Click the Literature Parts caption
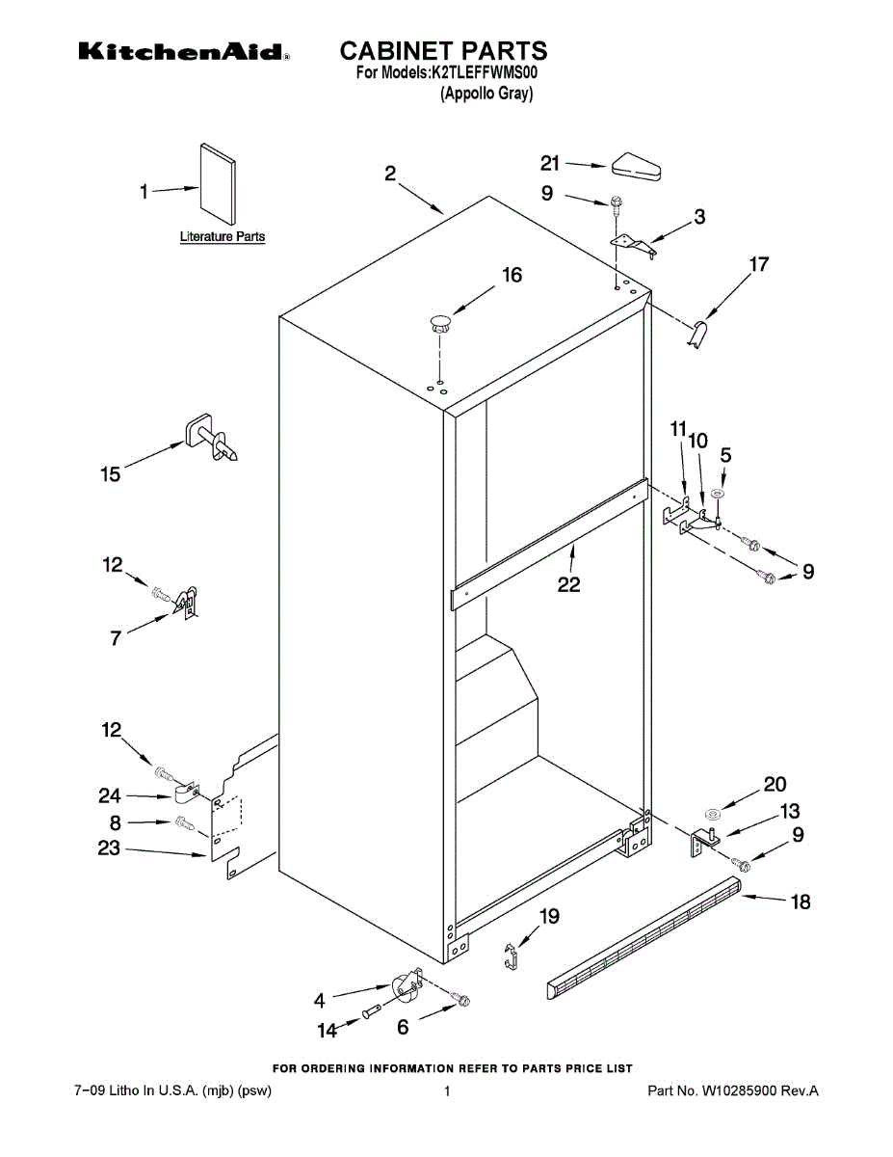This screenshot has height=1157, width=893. point(223,236)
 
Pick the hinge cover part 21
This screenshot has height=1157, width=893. point(637,168)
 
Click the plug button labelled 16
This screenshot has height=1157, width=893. point(440,322)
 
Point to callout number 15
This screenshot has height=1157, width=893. point(111,474)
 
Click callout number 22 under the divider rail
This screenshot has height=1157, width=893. point(569,583)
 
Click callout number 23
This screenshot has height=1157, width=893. point(109,848)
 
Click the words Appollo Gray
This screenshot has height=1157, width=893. point(486,94)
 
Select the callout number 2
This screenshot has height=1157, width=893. point(390,174)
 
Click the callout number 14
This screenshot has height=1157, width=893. point(328,1031)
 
